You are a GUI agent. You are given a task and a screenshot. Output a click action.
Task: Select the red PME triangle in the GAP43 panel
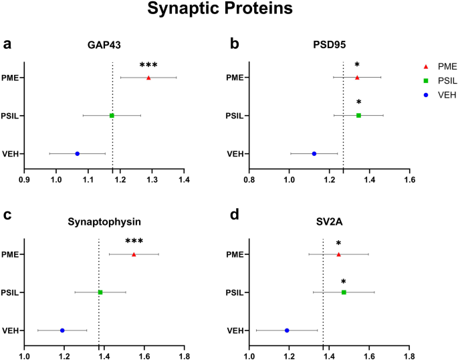tap(148, 78)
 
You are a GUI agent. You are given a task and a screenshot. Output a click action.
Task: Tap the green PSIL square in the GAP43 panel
tap(112, 116)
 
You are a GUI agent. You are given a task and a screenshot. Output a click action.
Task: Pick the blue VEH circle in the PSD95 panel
tap(314, 153)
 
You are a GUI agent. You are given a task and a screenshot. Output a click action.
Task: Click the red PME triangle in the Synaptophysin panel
tap(134, 254)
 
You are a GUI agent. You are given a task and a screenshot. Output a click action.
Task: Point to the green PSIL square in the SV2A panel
tap(344, 292)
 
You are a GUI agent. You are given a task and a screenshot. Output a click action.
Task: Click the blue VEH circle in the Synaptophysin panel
tap(62, 330)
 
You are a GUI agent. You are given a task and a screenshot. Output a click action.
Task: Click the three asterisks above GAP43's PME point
tap(148, 66)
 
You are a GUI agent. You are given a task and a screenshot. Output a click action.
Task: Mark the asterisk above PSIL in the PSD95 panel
tap(358, 103)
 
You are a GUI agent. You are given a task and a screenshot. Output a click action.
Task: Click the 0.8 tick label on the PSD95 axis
tap(249, 180)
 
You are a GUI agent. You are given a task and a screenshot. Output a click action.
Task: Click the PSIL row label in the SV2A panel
tap(234, 292)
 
